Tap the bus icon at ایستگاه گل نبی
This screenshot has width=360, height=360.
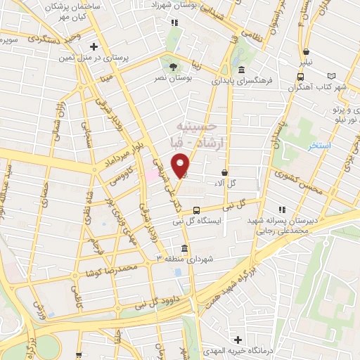(x=196, y=210)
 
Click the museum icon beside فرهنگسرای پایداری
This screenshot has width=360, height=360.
(x=241, y=70)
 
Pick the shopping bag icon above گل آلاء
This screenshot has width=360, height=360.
(x=224, y=172)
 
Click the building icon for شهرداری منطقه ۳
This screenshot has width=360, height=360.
(x=184, y=249)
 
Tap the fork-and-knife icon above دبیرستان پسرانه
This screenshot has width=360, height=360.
(x=282, y=210)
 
